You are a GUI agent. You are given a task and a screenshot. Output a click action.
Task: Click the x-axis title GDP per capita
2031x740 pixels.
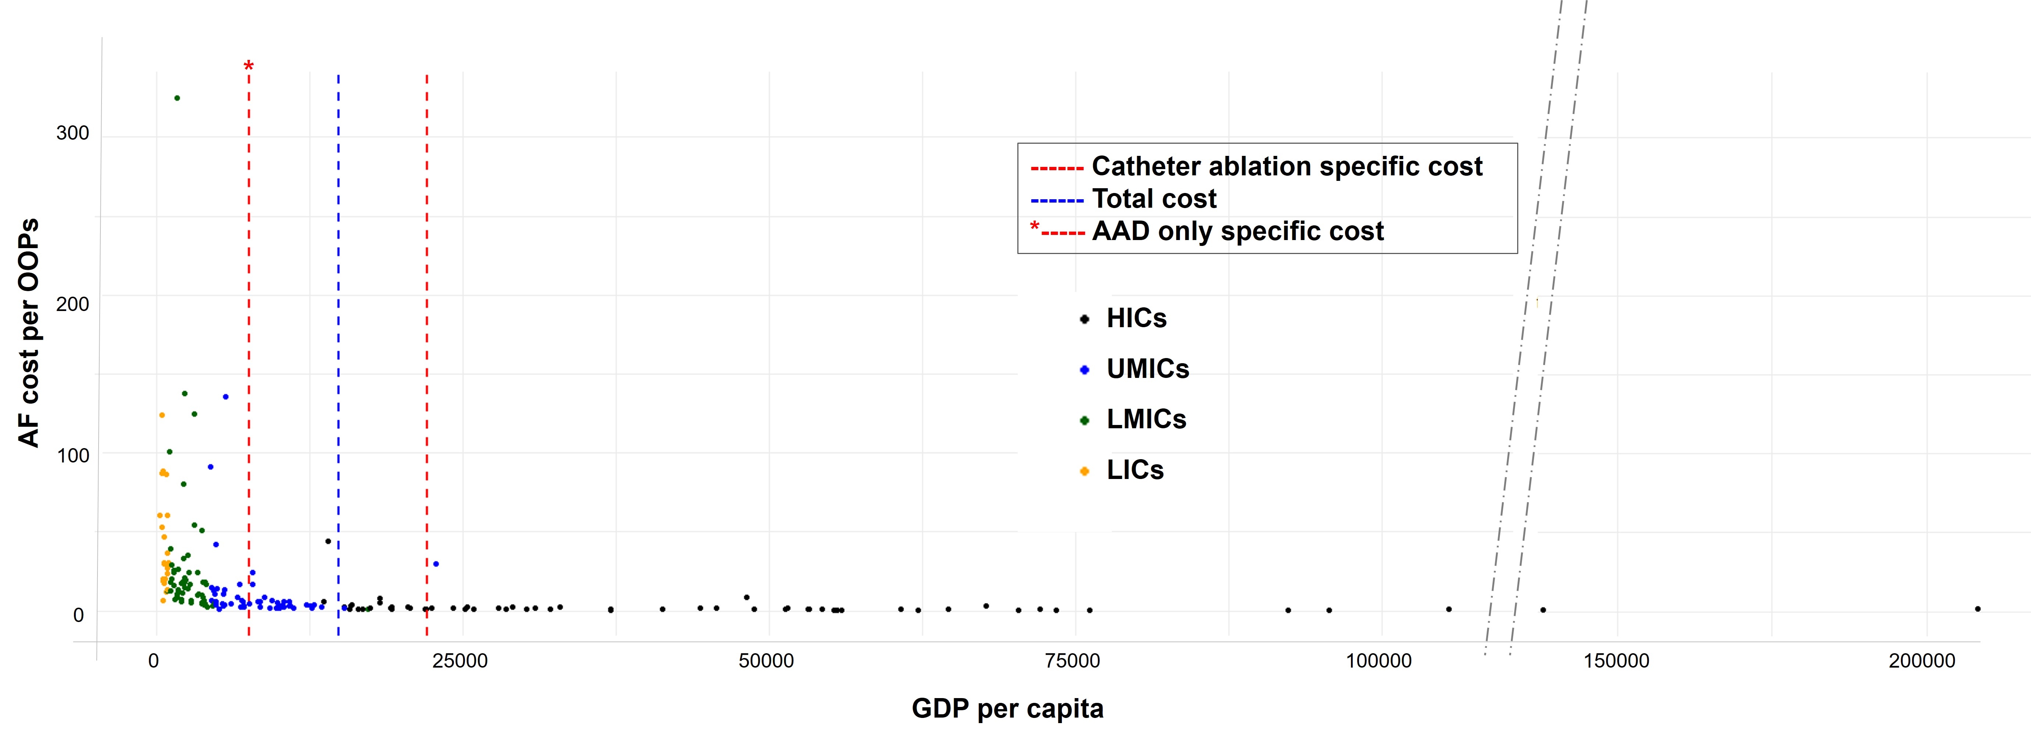1007,708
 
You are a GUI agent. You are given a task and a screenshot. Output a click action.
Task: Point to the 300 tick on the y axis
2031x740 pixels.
72,133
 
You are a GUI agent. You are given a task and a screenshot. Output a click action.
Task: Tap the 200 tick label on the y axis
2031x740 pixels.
72,304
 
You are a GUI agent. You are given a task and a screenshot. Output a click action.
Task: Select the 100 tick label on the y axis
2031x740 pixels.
72,455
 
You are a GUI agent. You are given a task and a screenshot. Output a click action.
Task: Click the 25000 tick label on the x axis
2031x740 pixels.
460,661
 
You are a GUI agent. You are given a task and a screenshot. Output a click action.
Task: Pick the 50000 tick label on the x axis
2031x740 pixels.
766,661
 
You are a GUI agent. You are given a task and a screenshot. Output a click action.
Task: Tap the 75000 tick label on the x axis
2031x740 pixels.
1072,661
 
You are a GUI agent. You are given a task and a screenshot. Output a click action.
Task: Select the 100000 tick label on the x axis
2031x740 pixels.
1378,661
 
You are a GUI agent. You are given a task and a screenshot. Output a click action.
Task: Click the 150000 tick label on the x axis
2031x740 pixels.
1616,661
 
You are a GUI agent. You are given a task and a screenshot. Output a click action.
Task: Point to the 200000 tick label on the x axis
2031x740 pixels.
1922,661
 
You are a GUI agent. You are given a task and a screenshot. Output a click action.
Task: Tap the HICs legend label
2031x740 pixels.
1136,318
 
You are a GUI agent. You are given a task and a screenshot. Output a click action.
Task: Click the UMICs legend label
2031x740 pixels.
1147,369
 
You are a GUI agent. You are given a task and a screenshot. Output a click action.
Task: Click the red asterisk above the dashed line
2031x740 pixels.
248,66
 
